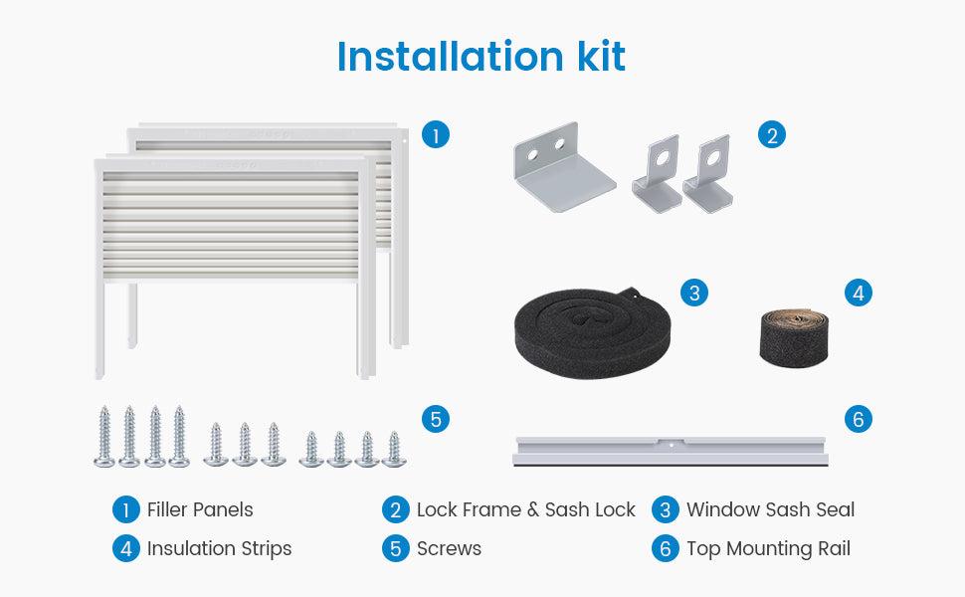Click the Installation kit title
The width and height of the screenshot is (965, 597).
tap(482, 57)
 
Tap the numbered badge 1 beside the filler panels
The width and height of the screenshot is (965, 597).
tap(434, 135)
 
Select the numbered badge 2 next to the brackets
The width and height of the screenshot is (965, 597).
tap(772, 135)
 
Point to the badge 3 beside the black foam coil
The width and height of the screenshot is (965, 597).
tap(694, 293)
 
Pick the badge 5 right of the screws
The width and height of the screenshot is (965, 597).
tap(434, 419)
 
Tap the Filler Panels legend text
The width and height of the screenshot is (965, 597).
tap(200, 510)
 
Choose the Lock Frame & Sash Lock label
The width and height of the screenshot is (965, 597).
tap(525, 510)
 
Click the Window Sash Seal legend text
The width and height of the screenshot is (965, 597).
tap(770, 510)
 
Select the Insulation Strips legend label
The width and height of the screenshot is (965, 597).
tap(219, 548)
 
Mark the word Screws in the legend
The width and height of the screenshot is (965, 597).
tap(449, 548)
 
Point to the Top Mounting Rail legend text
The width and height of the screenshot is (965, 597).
tap(768, 548)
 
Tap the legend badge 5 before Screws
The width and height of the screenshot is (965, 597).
tap(396, 548)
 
